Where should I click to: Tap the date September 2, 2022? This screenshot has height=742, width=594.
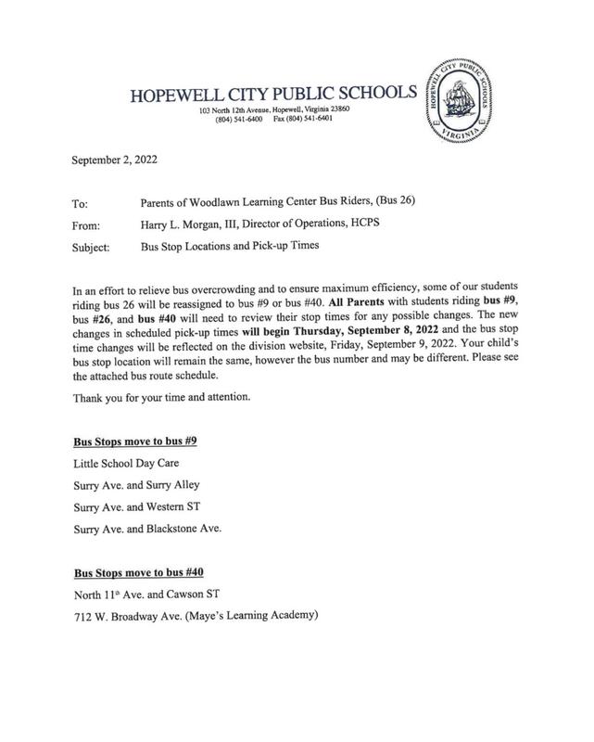coord(115,160)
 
